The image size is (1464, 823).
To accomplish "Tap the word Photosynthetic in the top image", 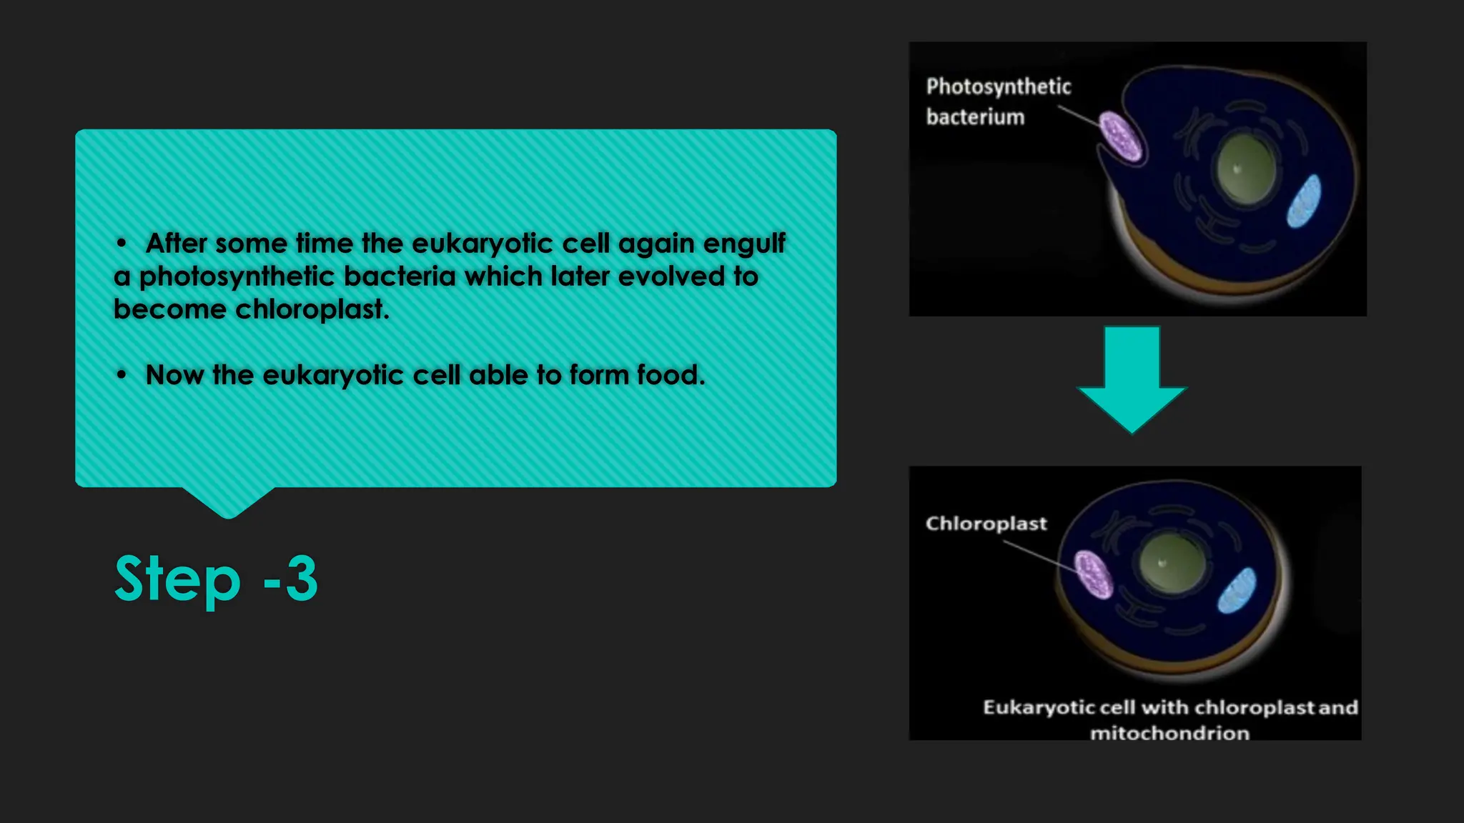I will coord(999,86).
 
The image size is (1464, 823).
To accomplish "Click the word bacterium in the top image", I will coord(975,116).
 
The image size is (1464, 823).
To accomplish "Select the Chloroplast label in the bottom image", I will coord(986,524).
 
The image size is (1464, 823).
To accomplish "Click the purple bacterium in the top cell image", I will coord(1119,136).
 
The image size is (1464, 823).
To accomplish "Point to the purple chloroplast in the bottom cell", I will coord(1094,574).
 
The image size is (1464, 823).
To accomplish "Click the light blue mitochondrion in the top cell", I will coord(1304,201).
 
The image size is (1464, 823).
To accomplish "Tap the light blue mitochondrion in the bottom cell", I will coord(1237,590).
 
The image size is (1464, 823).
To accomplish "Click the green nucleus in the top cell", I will coord(1246,169).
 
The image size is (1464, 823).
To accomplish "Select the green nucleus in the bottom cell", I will coord(1172,562).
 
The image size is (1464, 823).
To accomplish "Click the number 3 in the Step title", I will coord(301,578).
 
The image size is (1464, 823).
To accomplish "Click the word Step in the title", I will coord(177,578).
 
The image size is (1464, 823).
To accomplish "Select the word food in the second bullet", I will coord(670,375).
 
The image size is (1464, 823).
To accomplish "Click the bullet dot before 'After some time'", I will coord(122,244).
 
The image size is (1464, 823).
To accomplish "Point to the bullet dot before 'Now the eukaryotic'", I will coord(122,375).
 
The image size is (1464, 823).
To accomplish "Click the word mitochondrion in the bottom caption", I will coord(1169,733).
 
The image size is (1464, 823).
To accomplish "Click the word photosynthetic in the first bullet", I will coord(236,276).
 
